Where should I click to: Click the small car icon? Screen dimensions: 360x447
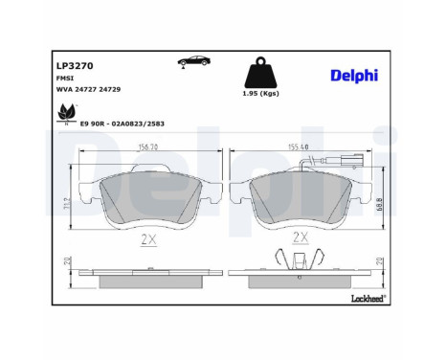tap(192, 63)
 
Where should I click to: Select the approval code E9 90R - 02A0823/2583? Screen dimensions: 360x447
tap(130, 124)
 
